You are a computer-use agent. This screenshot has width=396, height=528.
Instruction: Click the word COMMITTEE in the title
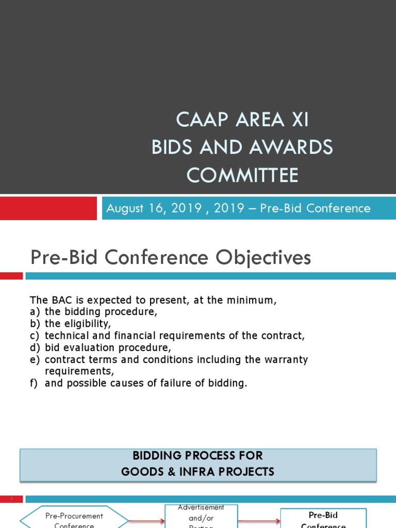coord(242,175)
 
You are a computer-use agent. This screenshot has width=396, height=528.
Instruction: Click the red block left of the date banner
coord(48,208)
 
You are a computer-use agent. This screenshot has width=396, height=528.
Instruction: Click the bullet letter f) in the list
coord(35,383)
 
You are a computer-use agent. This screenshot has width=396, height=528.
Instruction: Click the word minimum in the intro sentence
coord(254,300)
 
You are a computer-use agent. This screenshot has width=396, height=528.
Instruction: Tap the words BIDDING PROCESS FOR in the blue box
coord(198,455)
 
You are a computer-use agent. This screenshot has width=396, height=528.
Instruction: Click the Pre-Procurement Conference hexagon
coord(74,519)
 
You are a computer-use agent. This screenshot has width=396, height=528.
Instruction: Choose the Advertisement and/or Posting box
coord(201,516)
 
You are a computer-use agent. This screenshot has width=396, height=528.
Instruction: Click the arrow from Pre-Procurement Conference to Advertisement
coord(146,521)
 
